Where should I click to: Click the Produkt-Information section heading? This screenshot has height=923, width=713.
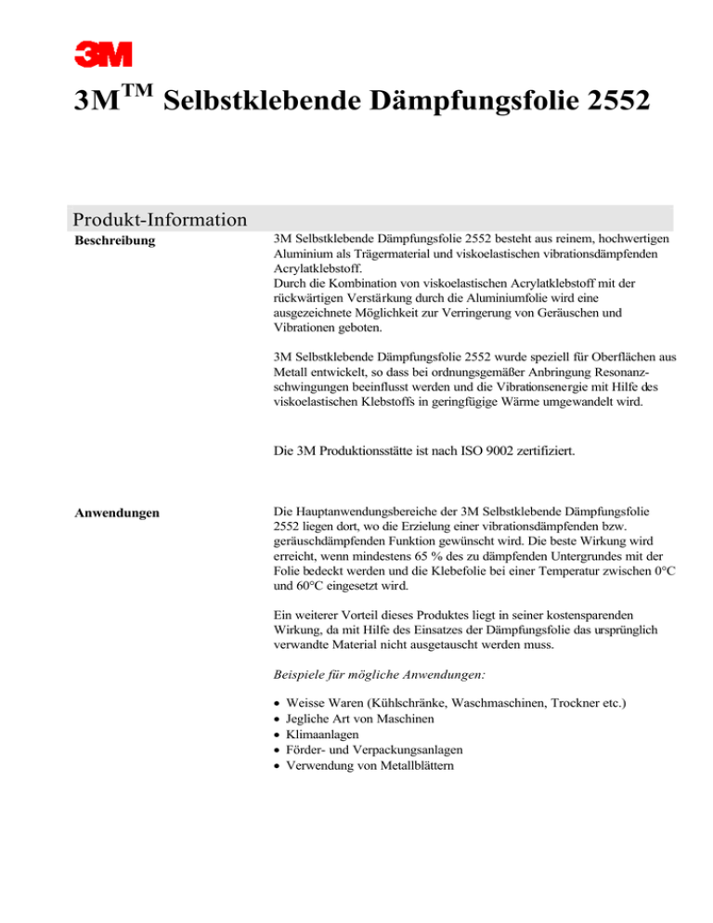click(159, 220)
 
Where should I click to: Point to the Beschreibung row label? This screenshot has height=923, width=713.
click(115, 241)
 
